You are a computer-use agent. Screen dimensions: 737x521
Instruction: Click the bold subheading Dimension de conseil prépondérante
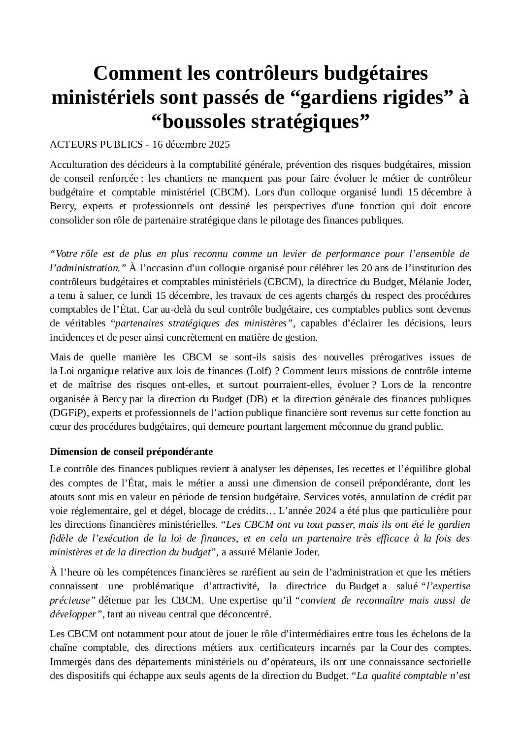click(x=131, y=451)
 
